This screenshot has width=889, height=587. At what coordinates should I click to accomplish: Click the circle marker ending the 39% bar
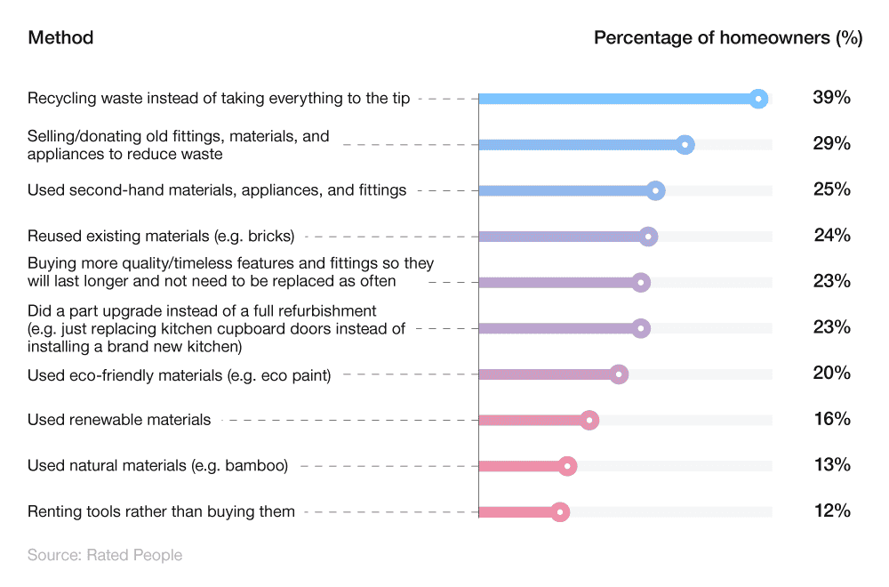[757, 99]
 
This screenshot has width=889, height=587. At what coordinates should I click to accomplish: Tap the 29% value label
[831, 143]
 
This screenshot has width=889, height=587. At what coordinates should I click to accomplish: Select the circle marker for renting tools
[559, 511]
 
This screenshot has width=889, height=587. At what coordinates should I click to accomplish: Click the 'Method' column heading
[60, 37]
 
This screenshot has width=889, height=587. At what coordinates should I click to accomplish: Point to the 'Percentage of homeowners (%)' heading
[727, 37]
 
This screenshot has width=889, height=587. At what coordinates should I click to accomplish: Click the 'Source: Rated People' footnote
[105, 555]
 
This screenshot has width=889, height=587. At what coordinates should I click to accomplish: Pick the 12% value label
[831, 511]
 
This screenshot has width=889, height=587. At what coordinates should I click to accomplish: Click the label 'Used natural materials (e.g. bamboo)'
[157, 465]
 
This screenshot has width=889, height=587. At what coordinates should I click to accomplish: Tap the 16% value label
[831, 418]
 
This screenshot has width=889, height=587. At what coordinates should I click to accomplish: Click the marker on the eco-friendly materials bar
[619, 374]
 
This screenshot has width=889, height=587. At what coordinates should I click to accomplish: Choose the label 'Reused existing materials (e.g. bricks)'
[161, 236]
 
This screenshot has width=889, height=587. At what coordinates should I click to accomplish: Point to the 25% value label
[831, 189]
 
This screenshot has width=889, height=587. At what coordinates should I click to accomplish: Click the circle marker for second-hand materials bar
[655, 190]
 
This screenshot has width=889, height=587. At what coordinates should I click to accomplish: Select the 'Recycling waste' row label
[219, 98]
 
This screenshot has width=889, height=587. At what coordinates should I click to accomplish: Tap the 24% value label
[831, 235]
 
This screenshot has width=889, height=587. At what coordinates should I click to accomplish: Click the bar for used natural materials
[521, 466]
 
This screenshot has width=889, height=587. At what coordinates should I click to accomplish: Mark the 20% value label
[831, 373]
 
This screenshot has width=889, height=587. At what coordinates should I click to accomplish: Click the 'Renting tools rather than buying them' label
[161, 511]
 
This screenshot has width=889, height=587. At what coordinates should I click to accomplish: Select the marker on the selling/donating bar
[685, 144]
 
